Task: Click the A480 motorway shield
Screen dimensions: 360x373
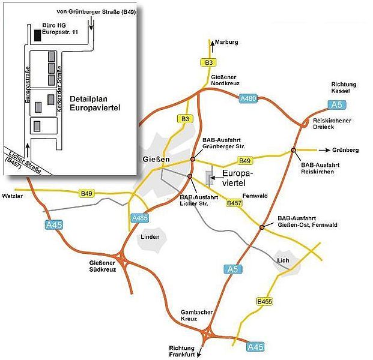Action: [248, 98]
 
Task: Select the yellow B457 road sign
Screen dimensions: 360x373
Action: [235, 204]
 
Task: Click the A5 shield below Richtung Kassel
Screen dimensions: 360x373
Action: [338, 105]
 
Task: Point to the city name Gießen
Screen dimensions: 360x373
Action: [157, 159]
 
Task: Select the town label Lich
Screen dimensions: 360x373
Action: [283, 260]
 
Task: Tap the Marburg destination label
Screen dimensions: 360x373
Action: [229, 43]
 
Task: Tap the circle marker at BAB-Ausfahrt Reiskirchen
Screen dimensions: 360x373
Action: [294, 149]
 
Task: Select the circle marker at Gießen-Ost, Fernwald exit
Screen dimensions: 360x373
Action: [262, 227]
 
